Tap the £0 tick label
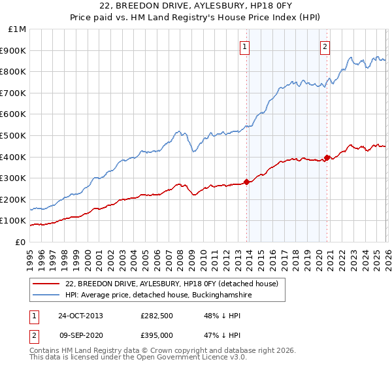pos(21,242)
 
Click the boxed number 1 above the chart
pos(244,46)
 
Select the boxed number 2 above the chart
pos(325,46)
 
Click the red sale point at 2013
pos(246,182)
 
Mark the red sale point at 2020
pos(327,158)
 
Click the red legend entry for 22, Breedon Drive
pos(172,284)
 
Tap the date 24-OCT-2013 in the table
pos(80,316)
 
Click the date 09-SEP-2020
pos(80,335)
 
